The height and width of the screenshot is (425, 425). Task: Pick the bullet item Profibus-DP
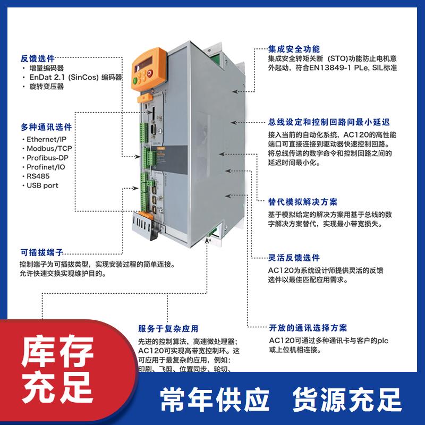pos(47,158)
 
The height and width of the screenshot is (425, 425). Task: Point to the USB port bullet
pos(42,185)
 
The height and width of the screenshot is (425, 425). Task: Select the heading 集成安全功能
pos(293,48)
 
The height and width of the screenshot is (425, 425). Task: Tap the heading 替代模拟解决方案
pos(302,202)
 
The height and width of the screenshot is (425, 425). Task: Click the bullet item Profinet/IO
pos(46,167)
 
